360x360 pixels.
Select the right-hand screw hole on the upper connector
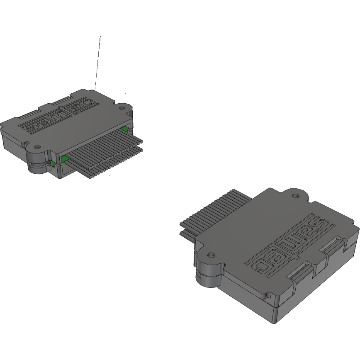[122, 108]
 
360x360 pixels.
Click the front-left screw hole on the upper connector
[37, 147]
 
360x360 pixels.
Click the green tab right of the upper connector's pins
[124, 129]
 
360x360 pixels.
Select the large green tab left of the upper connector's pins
[65, 158]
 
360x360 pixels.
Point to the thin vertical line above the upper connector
[98, 62]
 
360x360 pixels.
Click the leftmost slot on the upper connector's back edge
[29, 114]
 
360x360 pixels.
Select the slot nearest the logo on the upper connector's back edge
[62, 100]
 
